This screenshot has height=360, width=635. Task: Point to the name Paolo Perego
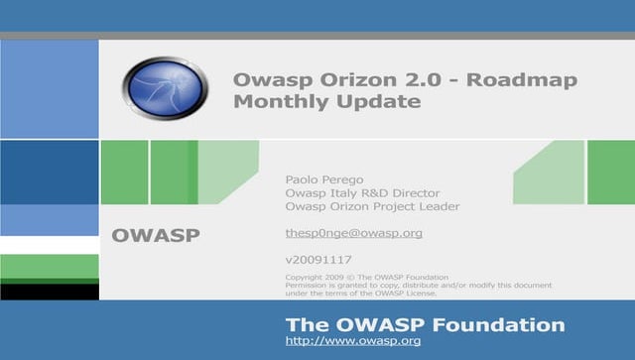pos(323,179)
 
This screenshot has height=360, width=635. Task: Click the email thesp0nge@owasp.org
pos(353,233)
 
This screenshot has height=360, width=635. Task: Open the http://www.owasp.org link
pos(353,341)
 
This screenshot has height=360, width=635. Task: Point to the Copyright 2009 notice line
pos(366,276)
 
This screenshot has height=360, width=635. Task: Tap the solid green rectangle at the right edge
pos(610,172)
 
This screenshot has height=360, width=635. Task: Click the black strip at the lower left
pos(49,292)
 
